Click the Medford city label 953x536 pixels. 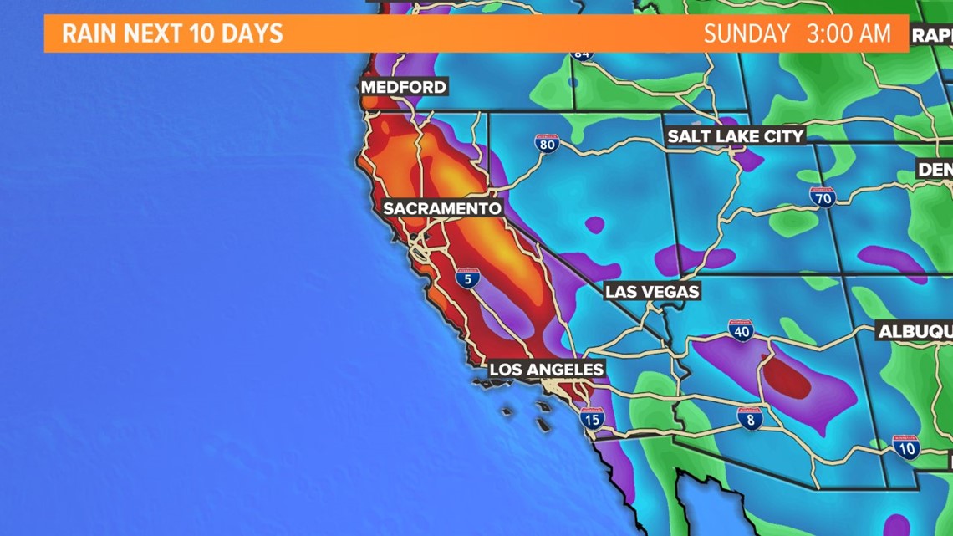404,87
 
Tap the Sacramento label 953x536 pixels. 442,208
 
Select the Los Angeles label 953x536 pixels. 546,369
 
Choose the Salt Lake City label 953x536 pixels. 736,136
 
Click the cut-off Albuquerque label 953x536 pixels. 915,332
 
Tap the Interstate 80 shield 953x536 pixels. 547,143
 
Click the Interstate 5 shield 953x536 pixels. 468,278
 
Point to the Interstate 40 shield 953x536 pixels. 741,330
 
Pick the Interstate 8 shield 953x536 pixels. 749,419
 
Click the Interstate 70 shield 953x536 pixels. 823,198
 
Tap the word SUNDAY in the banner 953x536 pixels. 746,33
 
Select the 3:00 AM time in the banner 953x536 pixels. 849,33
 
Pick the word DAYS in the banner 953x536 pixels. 251,33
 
